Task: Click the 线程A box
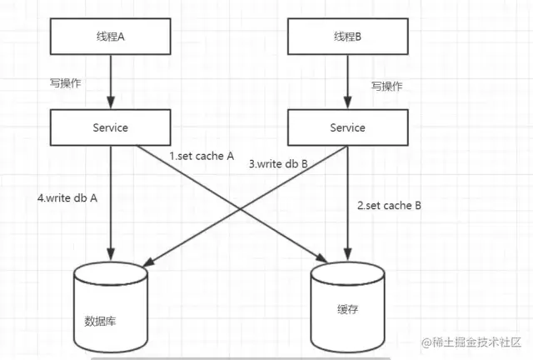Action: click(x=111, y=37)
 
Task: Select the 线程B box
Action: click(x=348, y=37)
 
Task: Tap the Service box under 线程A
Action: click(x=111, y=127)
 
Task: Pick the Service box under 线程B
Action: click(x=348, y=127)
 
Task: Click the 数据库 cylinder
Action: click(x=111, y=307)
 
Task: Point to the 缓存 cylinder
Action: click(x=348, y=307)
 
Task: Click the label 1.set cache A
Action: click(x=202, y=156)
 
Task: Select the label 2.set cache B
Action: click(x=389, y=206)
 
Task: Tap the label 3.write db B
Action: click(x=278, y=164)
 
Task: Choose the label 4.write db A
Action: click(x=67, y=198)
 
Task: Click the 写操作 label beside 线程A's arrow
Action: click(x=65, y=82)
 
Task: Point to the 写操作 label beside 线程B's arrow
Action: click(x=386, y=86)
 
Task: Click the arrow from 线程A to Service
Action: click(x=111, y=82)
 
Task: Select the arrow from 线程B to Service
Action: click(x=348, y=82)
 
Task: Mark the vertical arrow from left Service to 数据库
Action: click(x=111, y=203)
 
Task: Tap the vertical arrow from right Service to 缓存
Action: click(x=348, y=203)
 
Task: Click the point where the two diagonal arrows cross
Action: click(x=240, y=209)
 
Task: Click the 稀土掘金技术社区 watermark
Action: click(x=471, y=342)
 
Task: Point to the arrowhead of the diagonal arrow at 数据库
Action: click(x=148, y=262)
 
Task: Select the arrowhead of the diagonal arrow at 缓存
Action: click(x=321, y=258)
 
